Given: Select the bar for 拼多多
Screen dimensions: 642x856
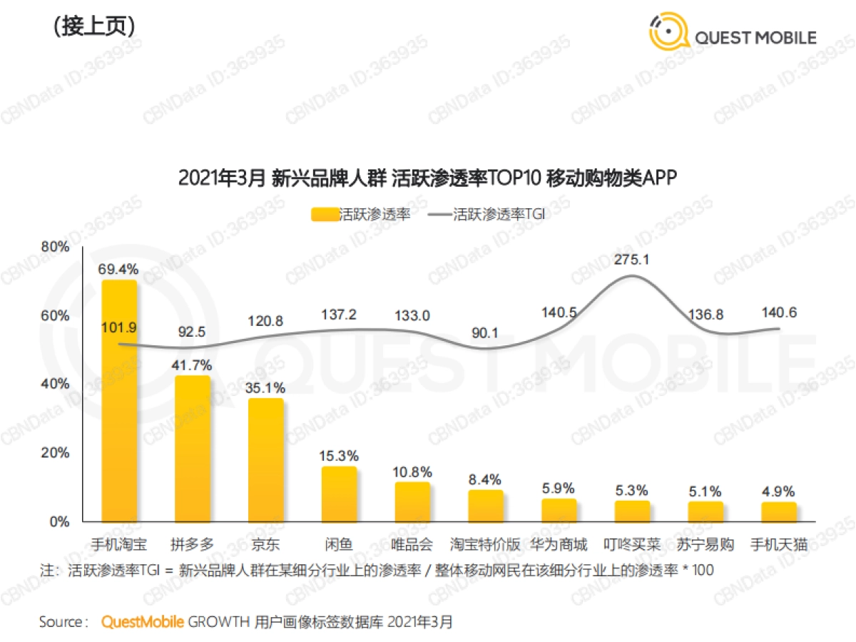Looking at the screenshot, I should click(193, 449).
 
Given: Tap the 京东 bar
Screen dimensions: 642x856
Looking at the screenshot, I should click(266, 460).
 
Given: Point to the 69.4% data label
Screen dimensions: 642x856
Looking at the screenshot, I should click(118, 269).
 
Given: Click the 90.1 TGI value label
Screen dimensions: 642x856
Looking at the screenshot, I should click(486, 330).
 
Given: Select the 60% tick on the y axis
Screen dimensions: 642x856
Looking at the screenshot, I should click(56, 315).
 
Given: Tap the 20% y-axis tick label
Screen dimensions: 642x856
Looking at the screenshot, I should click(56, 453).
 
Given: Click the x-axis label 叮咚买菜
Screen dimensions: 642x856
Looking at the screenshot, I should click(632, 545).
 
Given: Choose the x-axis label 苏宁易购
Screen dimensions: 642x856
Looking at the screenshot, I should click(705, 545).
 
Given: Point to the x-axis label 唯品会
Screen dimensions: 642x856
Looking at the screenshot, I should click(412, 545).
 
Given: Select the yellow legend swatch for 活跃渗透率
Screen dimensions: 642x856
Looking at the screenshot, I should click(324, 214).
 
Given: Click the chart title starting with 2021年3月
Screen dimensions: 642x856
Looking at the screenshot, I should click(427, 178).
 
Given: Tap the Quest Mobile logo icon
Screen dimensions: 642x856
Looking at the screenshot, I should click(668, 31).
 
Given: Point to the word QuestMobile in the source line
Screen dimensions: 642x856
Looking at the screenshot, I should click(143, 621).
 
